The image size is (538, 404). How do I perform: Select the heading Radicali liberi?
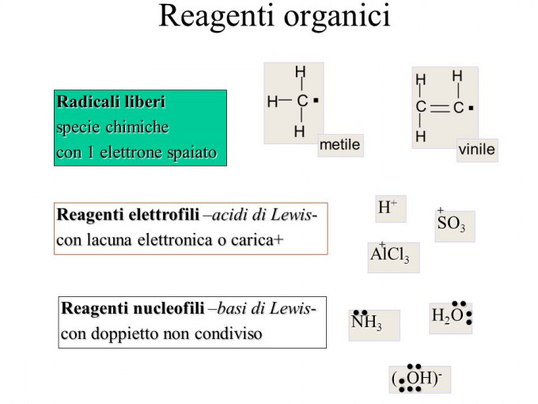click(x=111, y=102)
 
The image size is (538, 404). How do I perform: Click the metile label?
click(x=339, y=145)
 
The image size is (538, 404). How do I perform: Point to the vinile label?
click(x=476, y=149)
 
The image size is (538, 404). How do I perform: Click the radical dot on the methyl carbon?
click(x=316, y=101)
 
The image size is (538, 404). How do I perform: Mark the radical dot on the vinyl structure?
click(x=471, y=107)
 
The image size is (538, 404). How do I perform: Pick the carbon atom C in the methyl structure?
click(x=301, y=101)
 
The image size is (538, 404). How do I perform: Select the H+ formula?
click(x=388, y=208)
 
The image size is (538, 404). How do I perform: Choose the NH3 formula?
click(x=367, y=323)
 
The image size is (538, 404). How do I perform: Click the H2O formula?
click(x=449, y=317)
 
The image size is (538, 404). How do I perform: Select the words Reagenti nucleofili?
click(x=132, y=308)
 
